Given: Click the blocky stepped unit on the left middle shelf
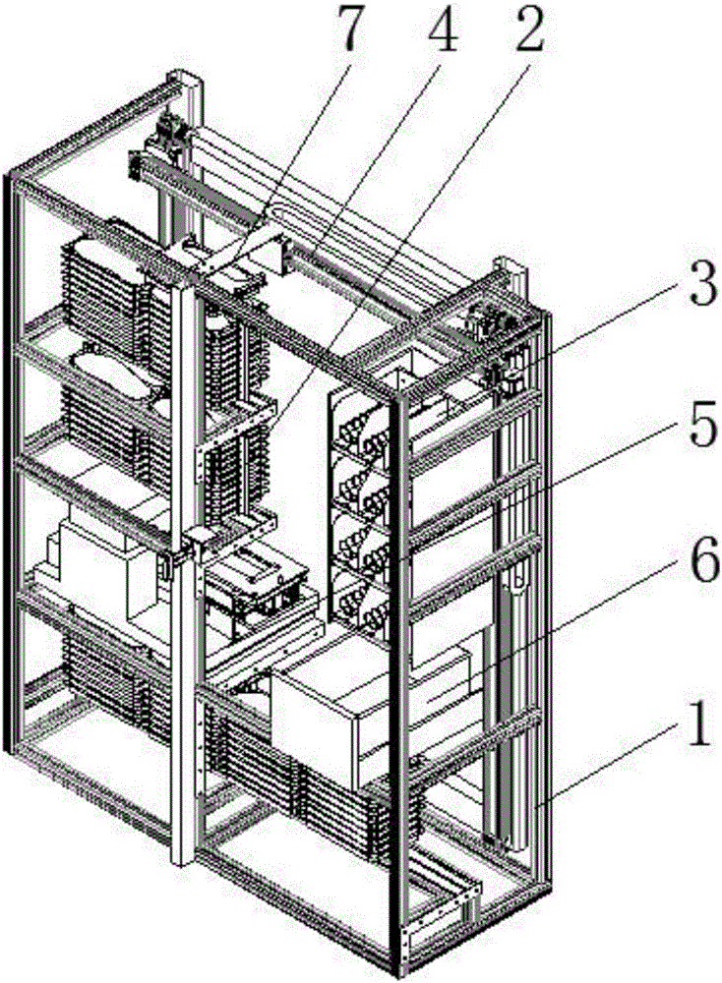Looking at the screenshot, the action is pos(93,560).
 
